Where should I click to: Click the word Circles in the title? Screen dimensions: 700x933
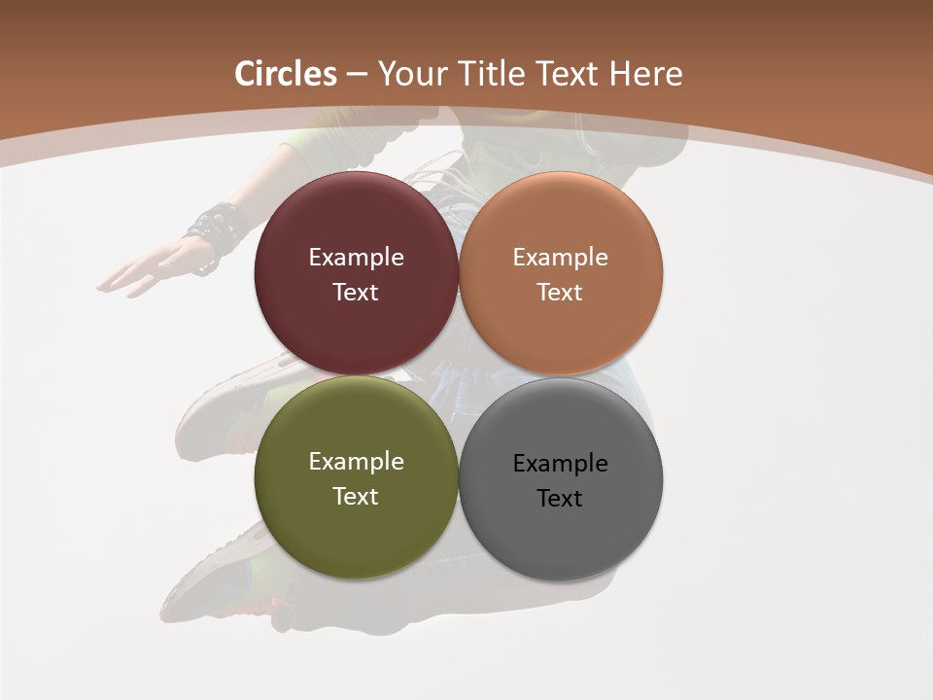(x=285, y=74)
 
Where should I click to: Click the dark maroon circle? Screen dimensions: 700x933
(x=356, y=224)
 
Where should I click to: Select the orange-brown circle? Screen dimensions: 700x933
(x=560, y=224)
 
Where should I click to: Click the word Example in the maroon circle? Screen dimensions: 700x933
(x=356, y=258)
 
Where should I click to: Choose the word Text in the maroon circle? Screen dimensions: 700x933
(x=356, y=293)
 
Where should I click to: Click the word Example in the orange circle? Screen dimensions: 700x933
(x=560, y=258)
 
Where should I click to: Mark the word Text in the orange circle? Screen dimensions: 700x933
(x=560, y=293)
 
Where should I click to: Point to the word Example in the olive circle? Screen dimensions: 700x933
(x=356, y=462)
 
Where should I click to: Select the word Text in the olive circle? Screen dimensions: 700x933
(x=356, y=497)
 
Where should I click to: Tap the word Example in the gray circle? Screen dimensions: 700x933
(x=560, y=464)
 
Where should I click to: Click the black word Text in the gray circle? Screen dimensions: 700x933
(x=560, y=499)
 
